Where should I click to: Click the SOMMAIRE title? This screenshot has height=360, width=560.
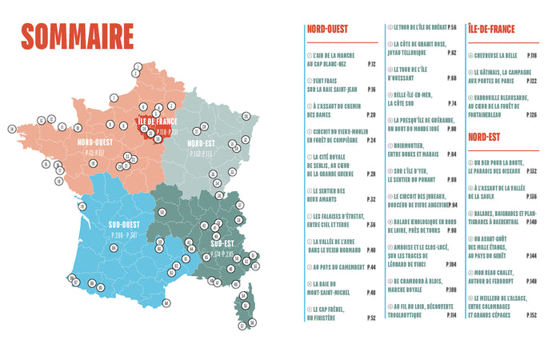click(x=78, y=37)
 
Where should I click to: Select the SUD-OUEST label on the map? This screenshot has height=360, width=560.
click(x=128, y=226)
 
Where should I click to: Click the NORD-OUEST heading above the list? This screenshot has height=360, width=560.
click(x=326, y=30)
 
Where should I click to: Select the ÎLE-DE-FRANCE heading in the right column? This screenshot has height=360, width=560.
click(x=491, y=30)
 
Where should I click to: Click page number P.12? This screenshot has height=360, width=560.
click(x=371, y=63)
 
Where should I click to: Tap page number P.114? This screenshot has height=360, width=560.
click(x=451, y=316)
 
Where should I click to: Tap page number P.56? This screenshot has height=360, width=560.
click(x=452, y=27)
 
